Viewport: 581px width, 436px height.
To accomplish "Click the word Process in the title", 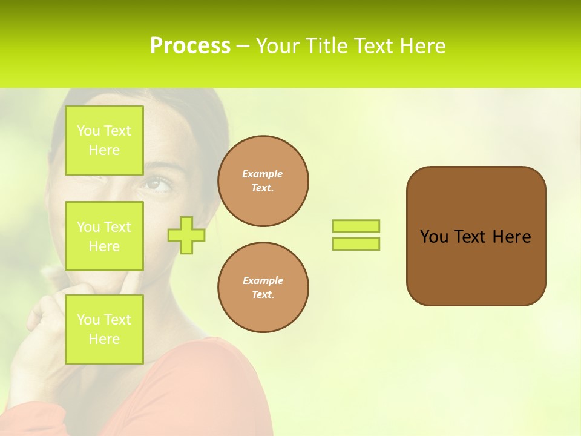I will click(190, 46).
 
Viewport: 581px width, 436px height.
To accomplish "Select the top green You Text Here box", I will click(104, 140).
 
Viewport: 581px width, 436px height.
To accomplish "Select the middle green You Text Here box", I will click(104, 236).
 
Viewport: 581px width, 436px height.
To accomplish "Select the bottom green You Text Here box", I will click(104, 329).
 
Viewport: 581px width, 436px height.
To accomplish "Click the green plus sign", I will click(186, 235).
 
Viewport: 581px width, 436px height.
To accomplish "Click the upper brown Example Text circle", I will click(263, 181).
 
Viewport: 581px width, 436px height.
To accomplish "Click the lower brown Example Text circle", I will click(263, 288).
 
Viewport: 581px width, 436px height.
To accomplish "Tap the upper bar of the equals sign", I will click(356, 226).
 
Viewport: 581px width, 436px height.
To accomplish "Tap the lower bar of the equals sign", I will click(356, 243).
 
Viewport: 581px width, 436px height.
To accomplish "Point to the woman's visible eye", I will click(158, 183).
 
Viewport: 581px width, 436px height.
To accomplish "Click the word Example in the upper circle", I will click(263, 174).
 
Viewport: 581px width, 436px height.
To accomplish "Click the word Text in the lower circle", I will click(262, 295).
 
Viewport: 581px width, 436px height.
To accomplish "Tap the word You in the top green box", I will click(88, 131).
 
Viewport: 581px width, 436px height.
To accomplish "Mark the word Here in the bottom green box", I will click(104, 339).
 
